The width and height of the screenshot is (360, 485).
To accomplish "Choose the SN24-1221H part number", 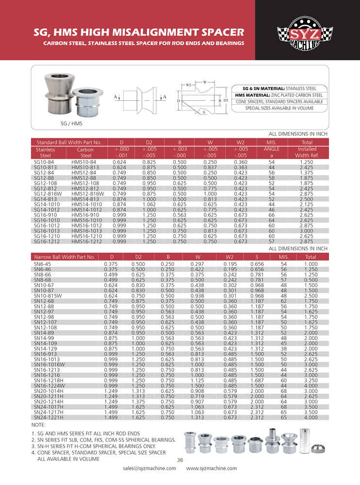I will point(47,417).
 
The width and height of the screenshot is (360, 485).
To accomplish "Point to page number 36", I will point(180,460).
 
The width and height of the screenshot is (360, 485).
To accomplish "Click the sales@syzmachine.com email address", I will point(149,469).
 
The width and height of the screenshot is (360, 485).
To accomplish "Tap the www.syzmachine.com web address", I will point(212,469).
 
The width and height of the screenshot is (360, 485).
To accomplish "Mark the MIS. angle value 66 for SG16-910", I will point(271,214).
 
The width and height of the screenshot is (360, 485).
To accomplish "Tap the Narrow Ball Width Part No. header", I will point(64,257).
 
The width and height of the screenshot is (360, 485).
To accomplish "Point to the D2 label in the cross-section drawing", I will point(226,100).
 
